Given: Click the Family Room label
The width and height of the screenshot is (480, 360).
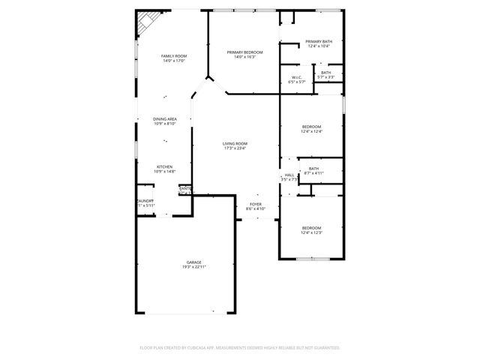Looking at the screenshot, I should click(x=174, y=56).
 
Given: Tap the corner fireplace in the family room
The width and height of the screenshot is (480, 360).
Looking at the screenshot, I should click(x=145, y=23).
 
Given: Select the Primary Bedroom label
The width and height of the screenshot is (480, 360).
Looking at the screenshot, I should click(x=245, y=52).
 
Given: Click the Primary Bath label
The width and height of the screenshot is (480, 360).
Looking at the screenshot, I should click(x=319, y=41).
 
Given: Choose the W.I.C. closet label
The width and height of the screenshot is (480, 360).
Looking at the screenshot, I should click(x=295, y=77).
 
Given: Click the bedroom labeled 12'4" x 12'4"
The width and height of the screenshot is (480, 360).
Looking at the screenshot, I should click(x=311, y=127).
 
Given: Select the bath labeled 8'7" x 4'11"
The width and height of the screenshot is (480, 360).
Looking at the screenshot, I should click(x=313, y=169).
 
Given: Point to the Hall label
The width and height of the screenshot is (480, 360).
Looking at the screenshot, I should click(x=289, y=175).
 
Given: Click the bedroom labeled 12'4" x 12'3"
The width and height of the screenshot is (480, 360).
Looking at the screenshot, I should click(x=311, y=228).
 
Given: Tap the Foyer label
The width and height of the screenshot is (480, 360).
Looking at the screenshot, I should click(x=256, y=203).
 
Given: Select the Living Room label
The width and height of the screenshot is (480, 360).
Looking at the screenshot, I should click(x=235, y=143).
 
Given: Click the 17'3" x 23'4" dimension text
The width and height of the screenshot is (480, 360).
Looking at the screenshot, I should click(x=235, y=148).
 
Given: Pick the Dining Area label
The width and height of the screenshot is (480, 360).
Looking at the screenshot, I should click(x=165, y=118).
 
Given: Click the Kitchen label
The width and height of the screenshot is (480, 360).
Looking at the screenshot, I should click(x=165, y=166).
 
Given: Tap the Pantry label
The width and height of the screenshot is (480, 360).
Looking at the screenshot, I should click(x=184, y=188).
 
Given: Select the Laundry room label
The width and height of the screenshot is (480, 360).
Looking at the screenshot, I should click(x=145, y=201).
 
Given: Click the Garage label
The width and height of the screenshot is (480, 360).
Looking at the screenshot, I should click(x=193, y=262).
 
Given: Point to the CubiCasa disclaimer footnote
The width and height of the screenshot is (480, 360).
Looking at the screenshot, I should click(x=240, y=348).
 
